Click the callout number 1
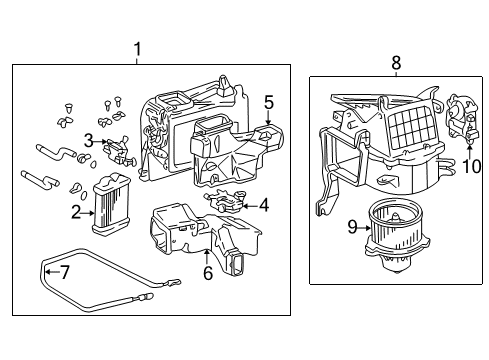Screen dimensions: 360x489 tap(137, 49)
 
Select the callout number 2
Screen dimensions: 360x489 tap(76, 211)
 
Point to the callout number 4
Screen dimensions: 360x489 tap(263, 205)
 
